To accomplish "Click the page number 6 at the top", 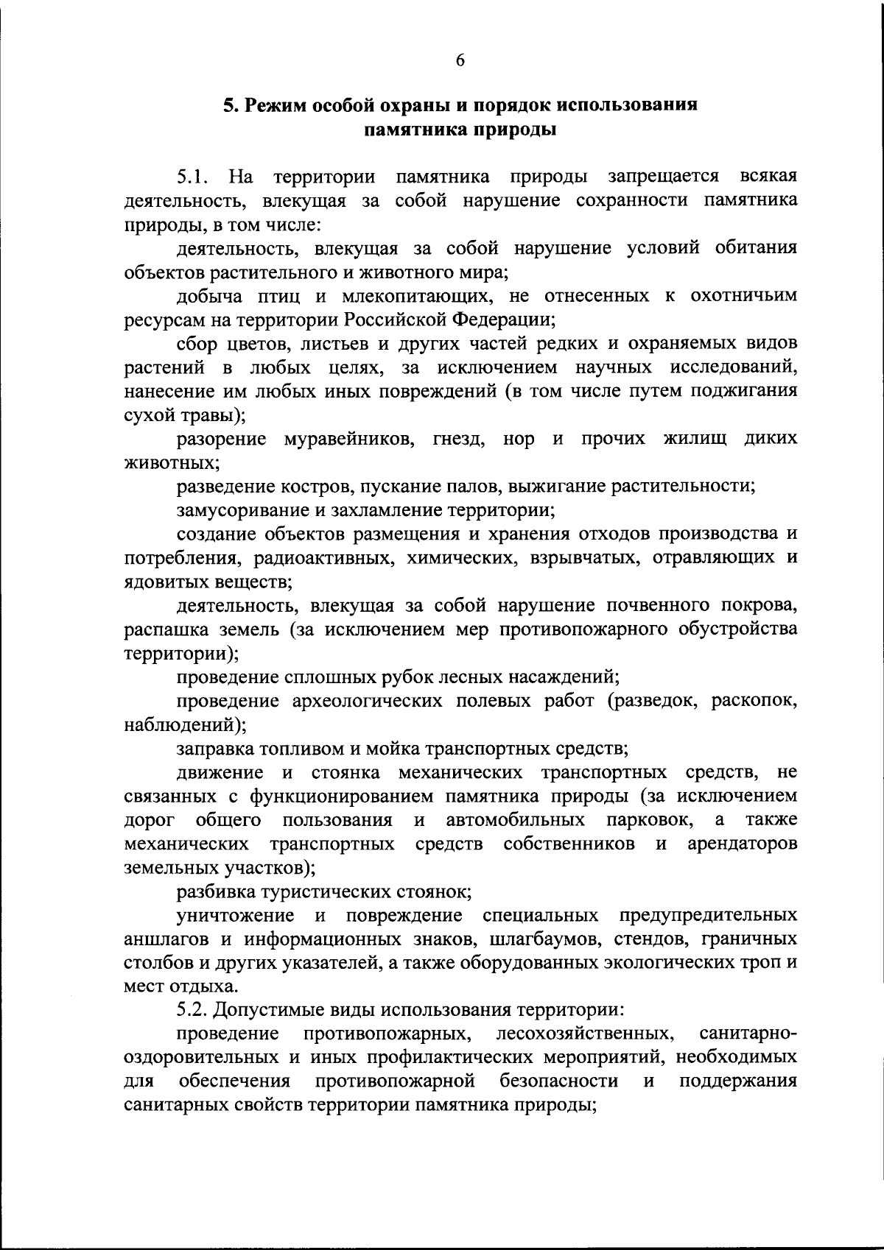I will [x=460, y=61].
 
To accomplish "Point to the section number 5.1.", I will [x=194, y=177].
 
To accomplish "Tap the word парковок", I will [x=650, y=820].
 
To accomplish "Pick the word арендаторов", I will [x=742, y=844].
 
